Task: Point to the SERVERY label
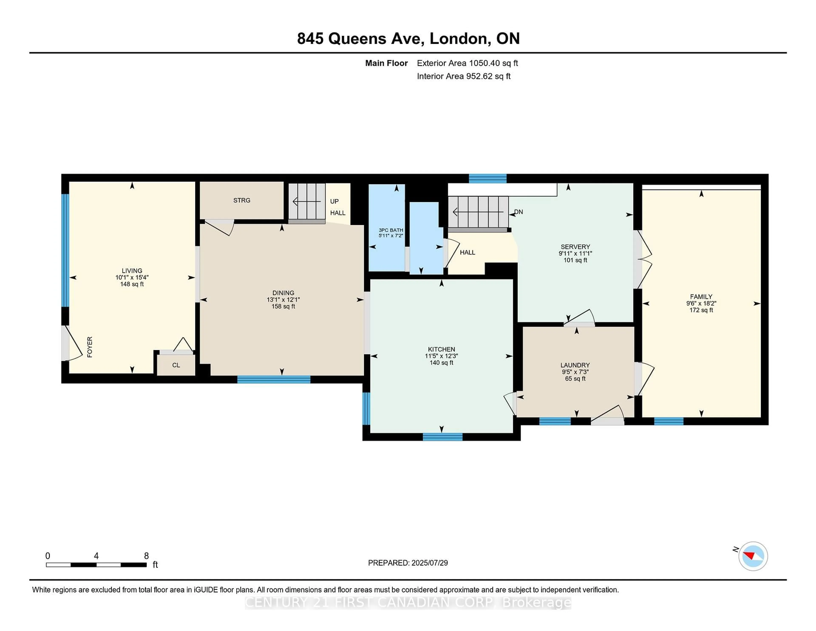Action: pos(575,247)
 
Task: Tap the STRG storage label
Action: pos(242,200)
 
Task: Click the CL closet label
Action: pos(176,365)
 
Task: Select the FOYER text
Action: pos(90,347)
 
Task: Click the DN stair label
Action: pos(518,212)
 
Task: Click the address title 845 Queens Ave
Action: pos(361,38)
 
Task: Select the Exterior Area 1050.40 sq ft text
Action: pos(467,63)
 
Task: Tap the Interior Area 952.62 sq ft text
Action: pos(464,76)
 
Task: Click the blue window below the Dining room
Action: pos(274,379)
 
